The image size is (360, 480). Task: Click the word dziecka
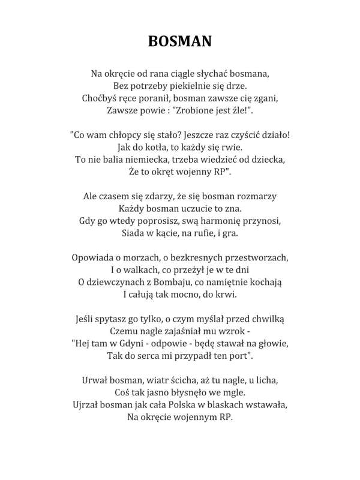click(x=268, y=160)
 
